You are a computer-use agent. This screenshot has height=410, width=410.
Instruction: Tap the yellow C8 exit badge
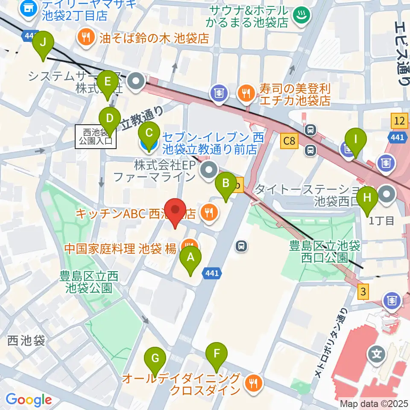[289, 141]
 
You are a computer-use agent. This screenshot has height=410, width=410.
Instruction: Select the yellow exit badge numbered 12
[399, 121]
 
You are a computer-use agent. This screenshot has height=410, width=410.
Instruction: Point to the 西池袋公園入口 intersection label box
[94, 136]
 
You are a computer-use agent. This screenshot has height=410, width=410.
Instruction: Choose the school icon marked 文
[377, 354]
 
